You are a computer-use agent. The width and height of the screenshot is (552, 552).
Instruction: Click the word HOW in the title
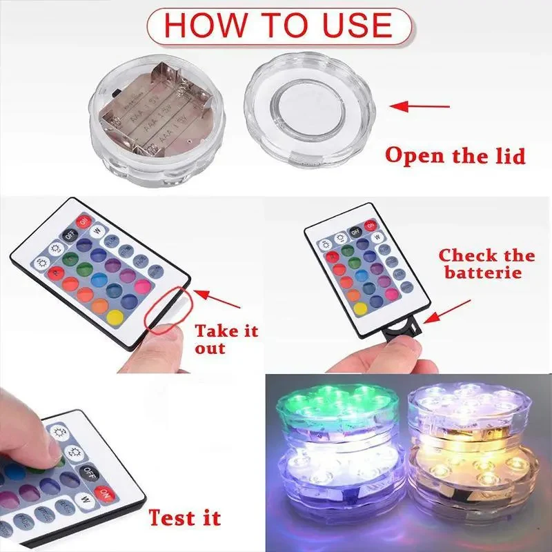click(x=201, y=24)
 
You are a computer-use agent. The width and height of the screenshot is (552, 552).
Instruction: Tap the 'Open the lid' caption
click(x=455, y=155)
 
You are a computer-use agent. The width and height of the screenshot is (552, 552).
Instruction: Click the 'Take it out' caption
click(x=226, y=339)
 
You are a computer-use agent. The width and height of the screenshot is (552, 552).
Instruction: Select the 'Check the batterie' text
click(x=486, y=264)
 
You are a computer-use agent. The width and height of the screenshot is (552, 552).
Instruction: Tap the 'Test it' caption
click(x=184, y=517)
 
